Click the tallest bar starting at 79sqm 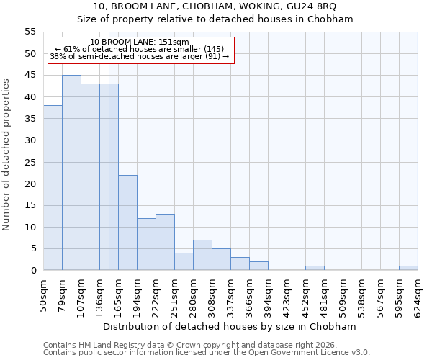(x=71, y=173)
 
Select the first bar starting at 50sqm (x=53, y=187)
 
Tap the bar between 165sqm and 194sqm (x=127, y=222)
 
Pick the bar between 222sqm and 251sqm (x=165, y=242)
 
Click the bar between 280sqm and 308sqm (x=202, y=255)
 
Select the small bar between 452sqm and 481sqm (x=315, y=268)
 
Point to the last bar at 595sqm (x=408, y=268)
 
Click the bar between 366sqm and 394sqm (x=258, y=266)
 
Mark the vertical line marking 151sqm (x=109, y=180)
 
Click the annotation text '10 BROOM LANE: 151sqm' (x=140, y=42)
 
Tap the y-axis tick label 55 (x=30, y=32)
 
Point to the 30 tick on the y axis (x=30, y=140)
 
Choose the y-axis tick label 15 (x=30, y=205)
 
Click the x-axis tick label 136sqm (x=99, y=293)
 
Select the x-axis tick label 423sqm (x=287, y=293)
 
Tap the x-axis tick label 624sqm (x=418, y=293)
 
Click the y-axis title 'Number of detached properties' (x=6, y=155)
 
